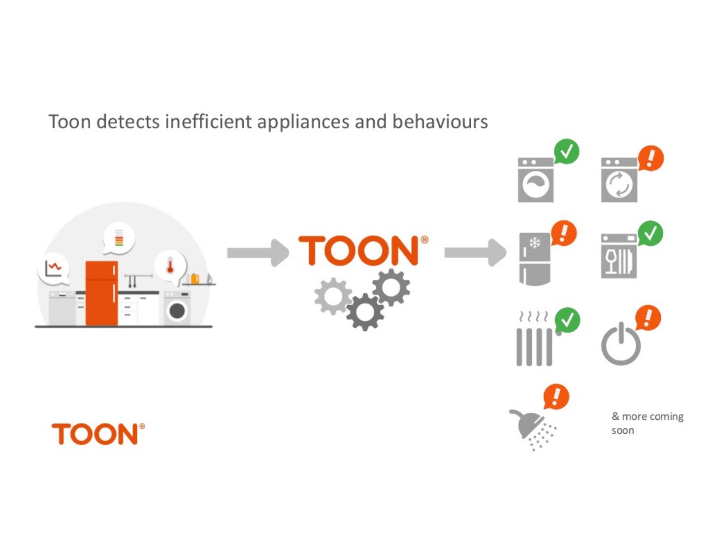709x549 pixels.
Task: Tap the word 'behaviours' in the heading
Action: coord(440,122)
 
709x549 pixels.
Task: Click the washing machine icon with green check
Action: coord(536,180)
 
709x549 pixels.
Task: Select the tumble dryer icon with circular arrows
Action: coord(619,180)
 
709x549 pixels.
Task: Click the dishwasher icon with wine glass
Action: coord(618,256)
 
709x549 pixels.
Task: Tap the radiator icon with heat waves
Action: coord(534,340)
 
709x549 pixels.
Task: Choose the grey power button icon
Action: coord(621,344)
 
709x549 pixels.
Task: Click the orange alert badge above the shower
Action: coord(556,396)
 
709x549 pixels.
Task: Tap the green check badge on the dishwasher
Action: coord(650,233)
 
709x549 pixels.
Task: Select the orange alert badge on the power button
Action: coord(648,318)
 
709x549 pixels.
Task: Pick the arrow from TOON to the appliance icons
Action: coord(475,253)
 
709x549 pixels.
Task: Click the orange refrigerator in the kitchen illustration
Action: coord(101,293)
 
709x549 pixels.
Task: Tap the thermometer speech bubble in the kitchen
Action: coord(170,267)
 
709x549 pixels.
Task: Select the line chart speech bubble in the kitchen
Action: coord(53,269)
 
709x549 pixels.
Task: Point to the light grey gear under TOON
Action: coord(332,296)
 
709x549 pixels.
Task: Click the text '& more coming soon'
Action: coord(647,423)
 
